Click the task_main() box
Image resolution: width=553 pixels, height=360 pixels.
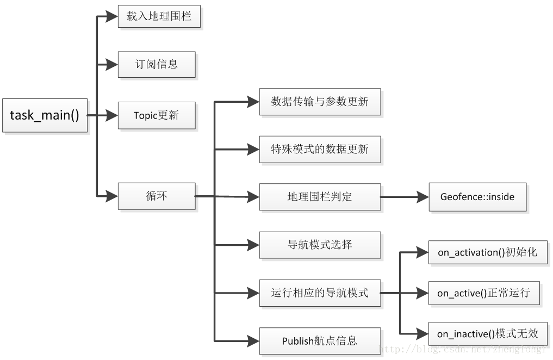(45, 115)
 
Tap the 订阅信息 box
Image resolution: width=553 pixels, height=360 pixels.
(157, 64)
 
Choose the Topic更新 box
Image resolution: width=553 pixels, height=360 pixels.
(157, 115)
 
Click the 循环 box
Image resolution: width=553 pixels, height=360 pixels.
(157, 196)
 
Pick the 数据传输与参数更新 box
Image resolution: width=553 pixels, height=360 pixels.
(320, 102)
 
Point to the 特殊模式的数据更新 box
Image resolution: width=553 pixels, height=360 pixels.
(320, 149)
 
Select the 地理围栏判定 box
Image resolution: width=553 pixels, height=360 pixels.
(320, 196)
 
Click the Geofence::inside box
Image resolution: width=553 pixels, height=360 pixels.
(477, 196)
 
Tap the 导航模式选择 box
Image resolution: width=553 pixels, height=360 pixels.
(320, 245)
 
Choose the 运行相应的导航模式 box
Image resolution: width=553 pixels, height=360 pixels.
(320, 293)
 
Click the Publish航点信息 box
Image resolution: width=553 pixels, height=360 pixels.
(320, 341)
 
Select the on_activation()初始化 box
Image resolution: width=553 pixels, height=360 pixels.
(487, 252)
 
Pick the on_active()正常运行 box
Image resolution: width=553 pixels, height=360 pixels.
(483, 293)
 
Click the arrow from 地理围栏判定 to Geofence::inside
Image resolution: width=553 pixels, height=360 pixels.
(405, 196)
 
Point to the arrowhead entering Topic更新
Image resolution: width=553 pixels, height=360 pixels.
(112, 115)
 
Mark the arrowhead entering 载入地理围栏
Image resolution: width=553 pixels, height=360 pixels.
(112, 16)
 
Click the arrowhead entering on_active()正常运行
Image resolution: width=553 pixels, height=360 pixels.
(422, 293)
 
